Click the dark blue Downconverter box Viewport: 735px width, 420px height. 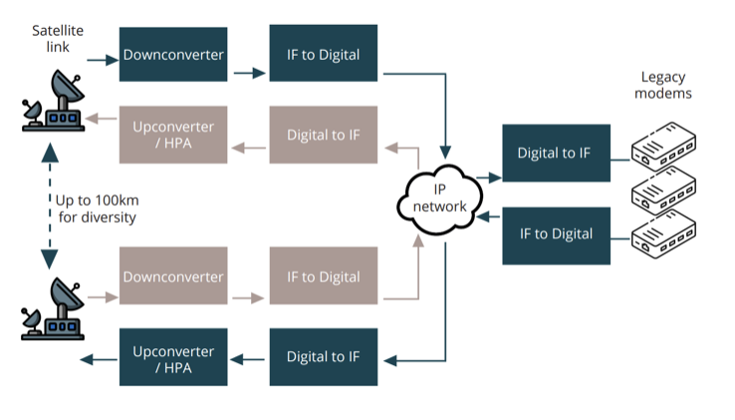tap(173, 55)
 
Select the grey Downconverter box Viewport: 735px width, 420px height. tap(173, 276)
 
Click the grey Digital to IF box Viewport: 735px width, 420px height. tap(323, 134)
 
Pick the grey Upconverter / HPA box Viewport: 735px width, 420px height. tap(173, 134)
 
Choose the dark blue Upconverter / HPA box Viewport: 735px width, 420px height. tap(173, 356)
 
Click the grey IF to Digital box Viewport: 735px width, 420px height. tap(323, 276)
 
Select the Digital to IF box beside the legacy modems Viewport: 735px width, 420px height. tap(556, 153)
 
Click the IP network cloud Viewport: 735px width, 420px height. tap(439, 199)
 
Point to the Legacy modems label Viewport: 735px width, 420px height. tap(663, 85)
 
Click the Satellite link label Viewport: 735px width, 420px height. tap(58, 39)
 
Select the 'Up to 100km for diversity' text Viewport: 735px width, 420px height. tap(97, 209)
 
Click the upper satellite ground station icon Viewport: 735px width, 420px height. tap(54, 101)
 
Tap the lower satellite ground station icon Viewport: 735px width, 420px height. tap(53, 310)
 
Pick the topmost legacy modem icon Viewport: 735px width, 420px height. tap(663, 146)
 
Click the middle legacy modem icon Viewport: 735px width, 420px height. tap(663, 190)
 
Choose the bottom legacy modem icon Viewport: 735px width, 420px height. tap(663, 234)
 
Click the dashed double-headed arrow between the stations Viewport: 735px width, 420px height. tap(50, 206)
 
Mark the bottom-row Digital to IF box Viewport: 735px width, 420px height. tap(323, 356)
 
